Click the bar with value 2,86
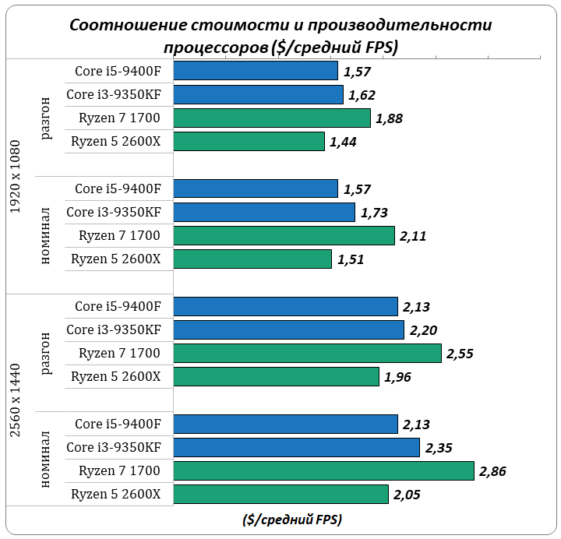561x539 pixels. click(x=323, y=471)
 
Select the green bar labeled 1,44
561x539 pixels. click(x=249, y=142)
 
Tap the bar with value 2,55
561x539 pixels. click(x=307, y=354)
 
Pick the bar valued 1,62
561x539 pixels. click(x=258, y=95)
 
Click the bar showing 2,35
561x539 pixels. click(x=296, y=448)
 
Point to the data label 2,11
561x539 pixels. click(x=414, y=236)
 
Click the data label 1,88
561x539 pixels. click(x=390, y=118)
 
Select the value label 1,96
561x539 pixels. click(x=397, y=377)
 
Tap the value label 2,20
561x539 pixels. click(x=422, y=330)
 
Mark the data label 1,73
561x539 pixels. click(x=374, y=213)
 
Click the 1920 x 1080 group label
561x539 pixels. click(x=16, y=177)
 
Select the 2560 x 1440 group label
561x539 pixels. click(x=16, y=400)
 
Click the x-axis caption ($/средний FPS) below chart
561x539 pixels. click(x=292, y=519)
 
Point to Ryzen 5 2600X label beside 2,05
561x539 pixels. click(x=115, y=495)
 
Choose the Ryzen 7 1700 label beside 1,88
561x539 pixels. click(x=119, y=118)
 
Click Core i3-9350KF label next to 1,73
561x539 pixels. click(x=114, y=213)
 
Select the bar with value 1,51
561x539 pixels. click(x=252, y=259)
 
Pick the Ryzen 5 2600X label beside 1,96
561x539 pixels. click(x=115, y=377)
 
